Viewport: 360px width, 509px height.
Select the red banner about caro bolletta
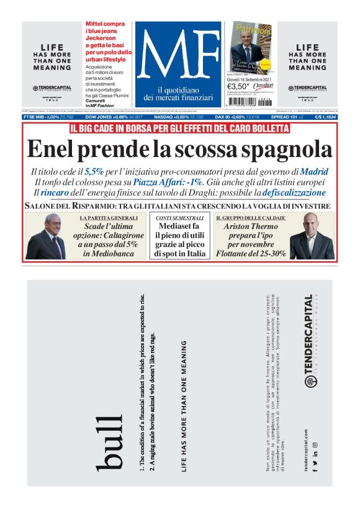pyautogui.click(x=179, y=128)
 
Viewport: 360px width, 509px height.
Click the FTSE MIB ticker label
pyautogui.click(x=37, y=117)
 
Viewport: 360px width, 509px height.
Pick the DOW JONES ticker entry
pyautogui.click(x=102, y=117)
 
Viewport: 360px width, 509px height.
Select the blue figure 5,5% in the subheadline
pyautogui.click(x=94, y=171)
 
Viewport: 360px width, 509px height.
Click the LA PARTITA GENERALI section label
pyautogui.click(x=108, y=218)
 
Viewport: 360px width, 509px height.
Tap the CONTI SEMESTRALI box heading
pyautogui.click(x=179, y=218)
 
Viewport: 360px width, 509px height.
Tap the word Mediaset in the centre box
pyautogui.click(x=180, y=228)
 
